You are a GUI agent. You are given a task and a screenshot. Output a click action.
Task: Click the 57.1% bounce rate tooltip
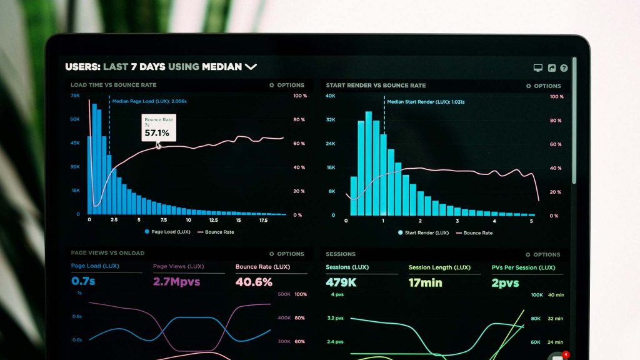[157, 128]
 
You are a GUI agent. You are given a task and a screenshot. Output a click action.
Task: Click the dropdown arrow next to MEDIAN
[251, 66]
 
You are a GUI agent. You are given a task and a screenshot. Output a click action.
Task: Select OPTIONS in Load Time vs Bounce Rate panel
[287, 85]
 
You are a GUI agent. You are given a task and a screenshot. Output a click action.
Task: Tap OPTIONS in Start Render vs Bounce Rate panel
[543, 86]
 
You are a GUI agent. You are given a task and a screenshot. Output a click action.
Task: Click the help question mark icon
[564, 68]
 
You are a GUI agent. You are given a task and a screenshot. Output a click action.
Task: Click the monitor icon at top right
[537, 68]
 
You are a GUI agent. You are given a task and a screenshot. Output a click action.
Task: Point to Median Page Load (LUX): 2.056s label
[149, 101]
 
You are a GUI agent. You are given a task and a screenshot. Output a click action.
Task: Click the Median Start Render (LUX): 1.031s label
[426, 101]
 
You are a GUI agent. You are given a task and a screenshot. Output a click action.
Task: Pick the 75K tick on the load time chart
[75, 96]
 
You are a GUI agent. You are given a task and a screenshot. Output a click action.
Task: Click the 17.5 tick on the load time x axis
[263, 220]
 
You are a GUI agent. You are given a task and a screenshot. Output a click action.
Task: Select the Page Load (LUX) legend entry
[167, 232]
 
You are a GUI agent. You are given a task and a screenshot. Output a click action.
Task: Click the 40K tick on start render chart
[331, 96]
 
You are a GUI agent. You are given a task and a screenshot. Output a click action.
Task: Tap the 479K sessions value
[341, 282]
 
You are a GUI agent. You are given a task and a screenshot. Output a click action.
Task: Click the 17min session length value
[425, 282]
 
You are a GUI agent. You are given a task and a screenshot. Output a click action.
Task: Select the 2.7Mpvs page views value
[176, 282]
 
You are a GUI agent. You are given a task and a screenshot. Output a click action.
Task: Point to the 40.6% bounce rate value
[253, 282]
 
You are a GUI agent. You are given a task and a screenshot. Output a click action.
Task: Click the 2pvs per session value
[505, 282]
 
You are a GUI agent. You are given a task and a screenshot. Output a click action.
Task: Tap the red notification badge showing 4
[565, 354]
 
